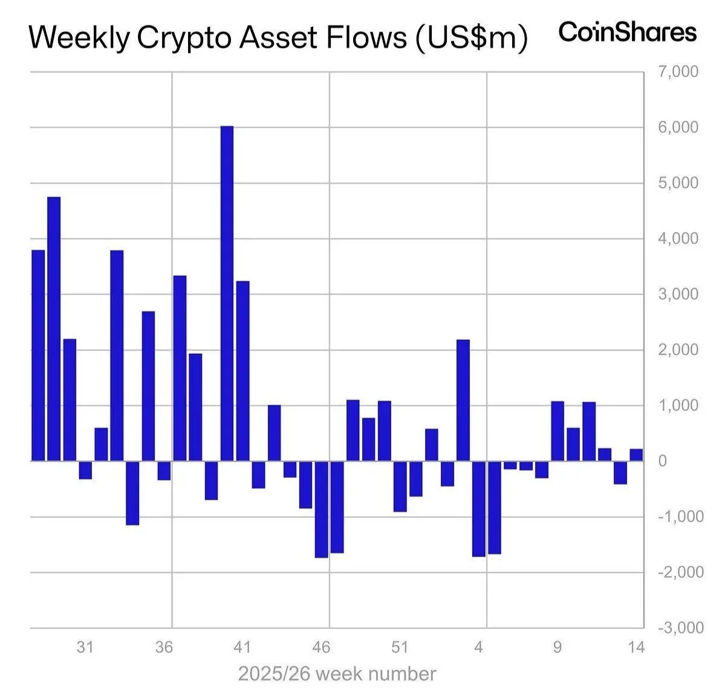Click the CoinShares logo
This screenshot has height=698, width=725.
click(627, 31)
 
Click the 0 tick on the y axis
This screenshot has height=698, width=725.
click(662, 461)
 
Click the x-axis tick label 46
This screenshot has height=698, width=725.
click(321, 648)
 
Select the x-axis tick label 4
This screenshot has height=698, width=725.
click(479, 648)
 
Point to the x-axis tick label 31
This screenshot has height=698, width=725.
click(85, 648)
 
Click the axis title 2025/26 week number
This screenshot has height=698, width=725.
click(337, 674)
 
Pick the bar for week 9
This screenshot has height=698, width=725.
click(558, 431)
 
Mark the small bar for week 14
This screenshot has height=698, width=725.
click(636, 455)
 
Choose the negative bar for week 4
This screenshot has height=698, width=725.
click(479, 509)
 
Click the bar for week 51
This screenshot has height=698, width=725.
click(400, 486)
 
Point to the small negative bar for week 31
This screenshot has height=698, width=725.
click(85, 470)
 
